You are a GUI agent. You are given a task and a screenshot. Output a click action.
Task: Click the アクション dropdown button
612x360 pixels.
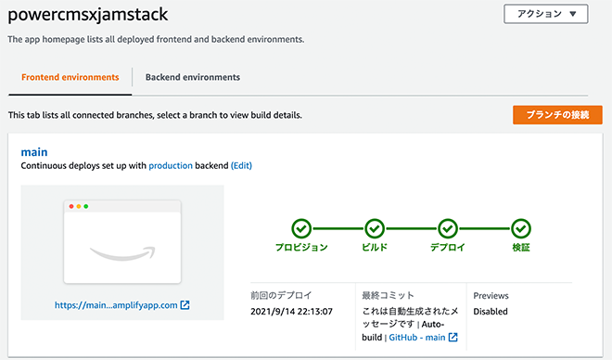click(545, 14)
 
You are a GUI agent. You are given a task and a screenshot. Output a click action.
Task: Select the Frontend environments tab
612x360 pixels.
click(70, 77)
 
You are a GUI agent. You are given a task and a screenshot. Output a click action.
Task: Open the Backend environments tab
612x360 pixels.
click(193, 77)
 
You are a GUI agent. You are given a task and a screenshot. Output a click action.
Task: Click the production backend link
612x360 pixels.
click(171, 165)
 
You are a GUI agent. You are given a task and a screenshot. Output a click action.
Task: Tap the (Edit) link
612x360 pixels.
click(241, 165)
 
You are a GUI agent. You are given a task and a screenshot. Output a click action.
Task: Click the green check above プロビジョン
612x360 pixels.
click(301, 228)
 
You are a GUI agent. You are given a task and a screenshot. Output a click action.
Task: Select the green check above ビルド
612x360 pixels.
click(375, 228)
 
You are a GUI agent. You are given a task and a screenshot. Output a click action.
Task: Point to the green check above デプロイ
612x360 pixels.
click(448, 228)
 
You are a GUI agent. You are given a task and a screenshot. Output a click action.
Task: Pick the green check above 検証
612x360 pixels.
click(521, 228)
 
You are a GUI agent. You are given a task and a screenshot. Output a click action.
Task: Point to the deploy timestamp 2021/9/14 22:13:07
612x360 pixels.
click(291, 312)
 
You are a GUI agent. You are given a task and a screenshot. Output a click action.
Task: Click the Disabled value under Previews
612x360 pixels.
click(491, 312)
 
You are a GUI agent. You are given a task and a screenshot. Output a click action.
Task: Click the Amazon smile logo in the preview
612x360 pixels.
click(121, 252)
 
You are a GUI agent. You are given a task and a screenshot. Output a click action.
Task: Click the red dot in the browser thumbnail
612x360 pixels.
click(69, 205)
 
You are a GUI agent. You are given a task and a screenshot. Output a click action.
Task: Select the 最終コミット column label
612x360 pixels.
click(389, 295)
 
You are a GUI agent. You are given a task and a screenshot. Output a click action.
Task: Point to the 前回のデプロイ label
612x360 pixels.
click(281, 295)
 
